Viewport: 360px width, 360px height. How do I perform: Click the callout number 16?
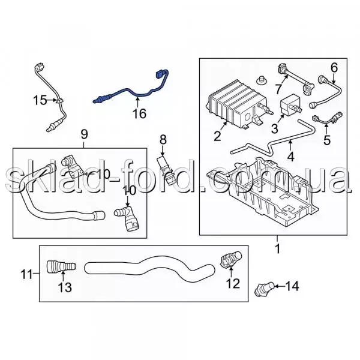click(140, 113)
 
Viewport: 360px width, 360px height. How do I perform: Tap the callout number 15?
click(40, 100)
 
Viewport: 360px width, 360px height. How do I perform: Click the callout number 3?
click(275, 128)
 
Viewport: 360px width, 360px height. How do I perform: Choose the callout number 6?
click(334, 68)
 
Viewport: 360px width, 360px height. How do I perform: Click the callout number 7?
click(278, 89)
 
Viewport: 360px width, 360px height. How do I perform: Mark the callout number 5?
click(327, 140)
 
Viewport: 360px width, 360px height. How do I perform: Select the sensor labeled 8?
click(164, 169)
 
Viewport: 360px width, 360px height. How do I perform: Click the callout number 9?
click(84, 134)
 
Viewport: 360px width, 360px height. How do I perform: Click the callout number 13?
click(65, 287)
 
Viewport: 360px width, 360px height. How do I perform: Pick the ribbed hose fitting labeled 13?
click(62, 267)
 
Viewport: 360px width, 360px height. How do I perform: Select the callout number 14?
click(292, 286)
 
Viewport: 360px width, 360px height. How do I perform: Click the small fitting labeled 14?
click(264, 289)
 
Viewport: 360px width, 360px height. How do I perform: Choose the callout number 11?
click(27, 274)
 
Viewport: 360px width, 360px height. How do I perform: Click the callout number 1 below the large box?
click(278, 248)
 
